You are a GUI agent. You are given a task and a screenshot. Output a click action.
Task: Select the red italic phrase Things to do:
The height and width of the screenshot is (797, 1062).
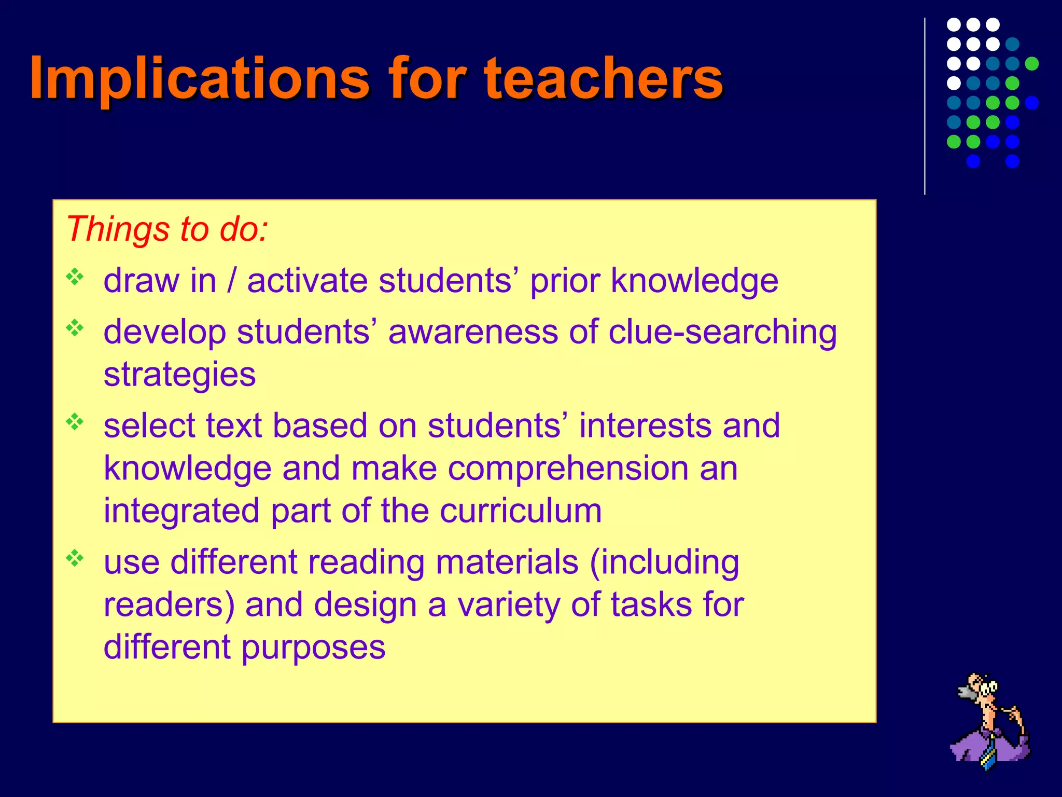(167, 229)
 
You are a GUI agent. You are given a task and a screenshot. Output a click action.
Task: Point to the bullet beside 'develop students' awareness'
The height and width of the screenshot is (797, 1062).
(75, 328)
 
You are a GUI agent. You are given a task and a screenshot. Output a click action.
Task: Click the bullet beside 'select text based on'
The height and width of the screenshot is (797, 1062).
(75, 421)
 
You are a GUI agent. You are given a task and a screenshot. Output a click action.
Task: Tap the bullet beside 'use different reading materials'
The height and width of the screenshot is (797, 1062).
(75, 558)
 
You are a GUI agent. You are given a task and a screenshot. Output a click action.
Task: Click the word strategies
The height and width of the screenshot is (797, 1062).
(179, 375)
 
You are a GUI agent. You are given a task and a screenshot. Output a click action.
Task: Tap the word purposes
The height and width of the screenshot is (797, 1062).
(313, 648)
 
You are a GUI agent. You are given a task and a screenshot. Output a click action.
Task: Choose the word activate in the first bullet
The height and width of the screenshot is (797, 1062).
(308, 281)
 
